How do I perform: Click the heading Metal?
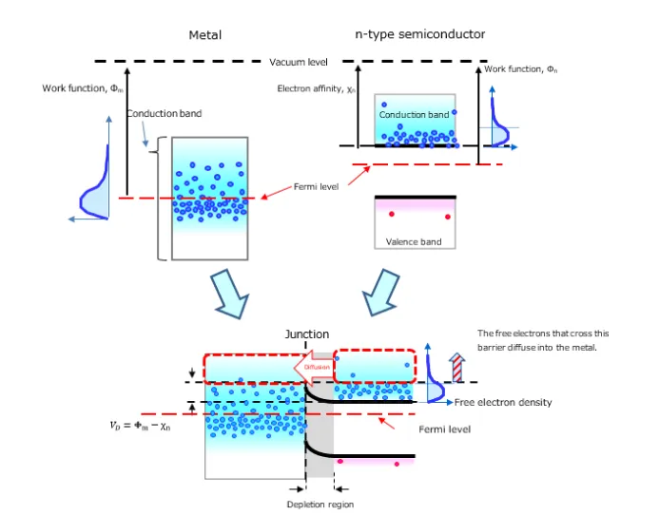click(x=205, y=35)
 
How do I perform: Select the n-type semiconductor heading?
click(x=419, y=34)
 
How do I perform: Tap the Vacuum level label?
click(x=299, y=62)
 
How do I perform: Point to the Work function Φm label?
click(x=83, y=88)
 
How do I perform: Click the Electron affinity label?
click(x=314, y=88)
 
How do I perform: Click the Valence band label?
click(x=414, y=241)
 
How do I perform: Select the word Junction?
click(x=307, y=334)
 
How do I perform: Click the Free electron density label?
click(x=503, y=403)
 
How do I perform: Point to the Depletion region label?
click(x=320, y=505)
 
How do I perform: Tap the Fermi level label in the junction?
click(x=445, y=429)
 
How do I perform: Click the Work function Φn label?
click(x=521, y=69)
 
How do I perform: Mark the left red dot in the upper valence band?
click(x=391, y=215)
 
